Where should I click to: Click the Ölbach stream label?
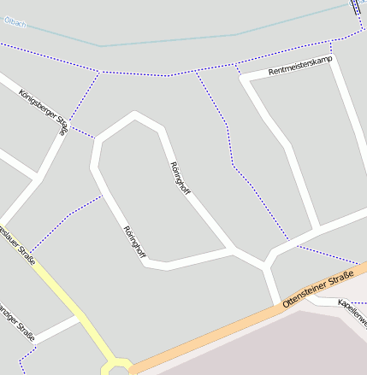click(x=15, y=21)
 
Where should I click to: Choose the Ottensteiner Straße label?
click(x=312, y=290)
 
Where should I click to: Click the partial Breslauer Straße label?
click(x=19, y=245)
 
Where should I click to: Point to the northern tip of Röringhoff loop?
click(x=134, y=114)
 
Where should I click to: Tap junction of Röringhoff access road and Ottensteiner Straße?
click(x=276, y=302)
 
